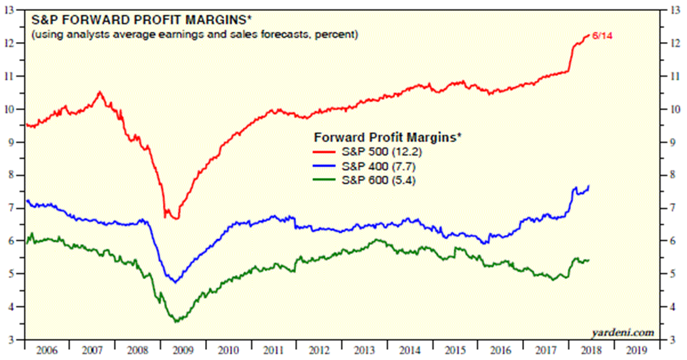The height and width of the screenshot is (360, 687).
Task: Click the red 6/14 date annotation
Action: coord(603,35)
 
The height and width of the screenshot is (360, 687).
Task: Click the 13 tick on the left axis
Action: coord(14,10)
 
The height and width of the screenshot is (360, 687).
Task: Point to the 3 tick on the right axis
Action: coord(673,340)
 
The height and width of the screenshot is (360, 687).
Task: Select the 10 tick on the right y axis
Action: coord(675,109)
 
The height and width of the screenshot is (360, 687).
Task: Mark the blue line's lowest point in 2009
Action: coord(175,283)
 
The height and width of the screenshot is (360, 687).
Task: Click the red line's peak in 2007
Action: coord(100,91)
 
